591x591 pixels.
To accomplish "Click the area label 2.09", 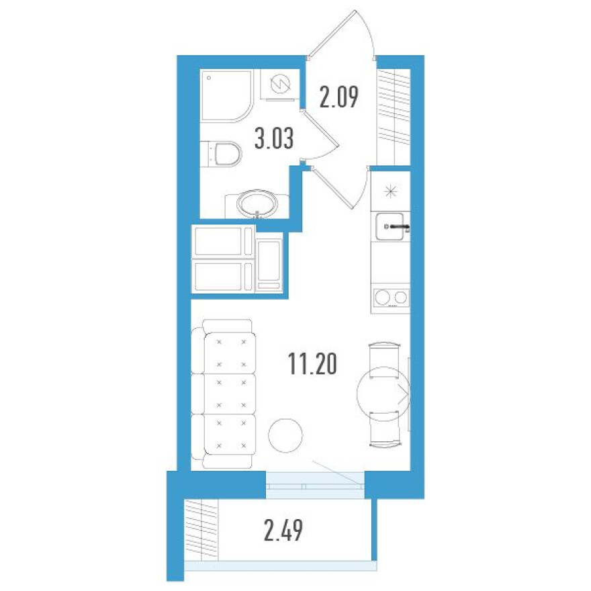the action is (x=338, y=97).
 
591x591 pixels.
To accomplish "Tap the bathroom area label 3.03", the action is (x=274, y=138).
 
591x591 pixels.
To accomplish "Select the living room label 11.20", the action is (x=312, y=364).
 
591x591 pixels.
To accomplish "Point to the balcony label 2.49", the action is (x=283, y=531).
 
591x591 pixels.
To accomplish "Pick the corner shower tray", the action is (x=226, y=95).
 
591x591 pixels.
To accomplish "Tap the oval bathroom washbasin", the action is (x=257, y=204).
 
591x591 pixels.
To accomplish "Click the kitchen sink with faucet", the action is (x=390, y=226).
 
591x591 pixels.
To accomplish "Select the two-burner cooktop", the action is (x=390, y=298).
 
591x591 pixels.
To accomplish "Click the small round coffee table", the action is (x=285, y=435).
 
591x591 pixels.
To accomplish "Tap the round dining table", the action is (x=383, y=394).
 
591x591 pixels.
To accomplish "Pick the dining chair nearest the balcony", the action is (x=384, y=429).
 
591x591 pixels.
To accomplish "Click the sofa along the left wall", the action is (x=223, y=394).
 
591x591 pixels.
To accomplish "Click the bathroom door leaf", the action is (x=320, y=128).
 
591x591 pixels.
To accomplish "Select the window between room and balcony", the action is (x=315, y=485).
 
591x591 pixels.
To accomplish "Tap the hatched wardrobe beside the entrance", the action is (x=394, y=117).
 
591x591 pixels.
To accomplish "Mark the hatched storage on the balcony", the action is (x=201, y=530).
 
